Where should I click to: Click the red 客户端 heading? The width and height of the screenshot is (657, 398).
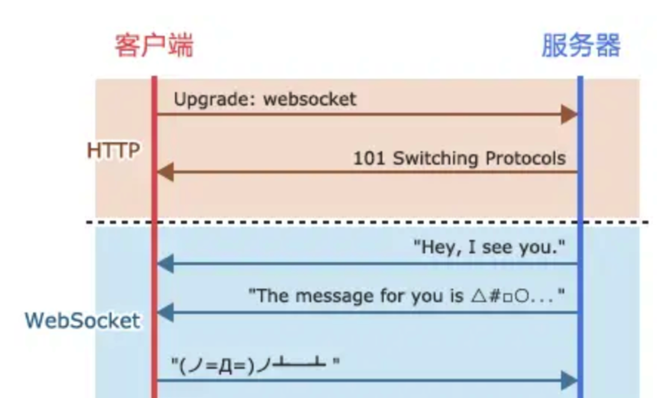click(x=155, y=45)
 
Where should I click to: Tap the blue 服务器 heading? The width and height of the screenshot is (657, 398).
click(x=580, y=45)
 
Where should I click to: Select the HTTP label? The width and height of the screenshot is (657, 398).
click(x=113, y=150)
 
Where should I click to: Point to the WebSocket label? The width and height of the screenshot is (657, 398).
click(x=82, y=320)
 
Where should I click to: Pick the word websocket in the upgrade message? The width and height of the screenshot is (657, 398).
click(x=310, y=99)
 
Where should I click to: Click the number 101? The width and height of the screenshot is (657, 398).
click(x=368, y=158)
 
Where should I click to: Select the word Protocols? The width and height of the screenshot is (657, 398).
click(x=525, y=158)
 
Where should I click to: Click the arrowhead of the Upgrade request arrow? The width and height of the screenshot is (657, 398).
click(x=569, y=114)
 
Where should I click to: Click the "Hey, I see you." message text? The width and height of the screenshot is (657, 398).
click(x=489, y=247)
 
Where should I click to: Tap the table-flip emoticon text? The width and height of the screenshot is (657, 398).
click(x=256, y=364)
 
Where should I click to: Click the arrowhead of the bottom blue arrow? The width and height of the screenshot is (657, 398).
click(x=569, y=380)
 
